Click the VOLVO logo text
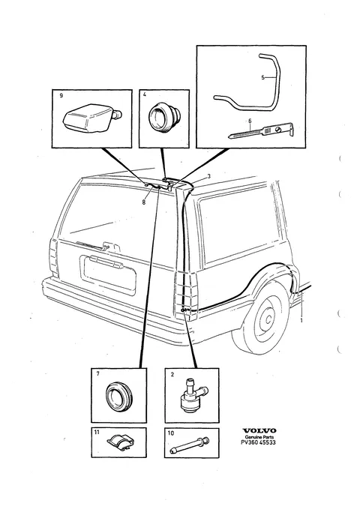(259, 430)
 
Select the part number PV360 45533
(258, 442)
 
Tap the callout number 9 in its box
(61, 95)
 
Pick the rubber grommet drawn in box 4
(164, 117)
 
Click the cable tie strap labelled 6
(262, 131)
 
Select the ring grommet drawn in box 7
(118, 397)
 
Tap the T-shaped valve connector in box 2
(191, 396)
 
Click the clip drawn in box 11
(121, 442)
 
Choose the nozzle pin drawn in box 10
(190, 445)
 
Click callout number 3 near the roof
(209, 176)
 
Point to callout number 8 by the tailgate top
(144, 202)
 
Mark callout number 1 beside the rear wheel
(301, 320)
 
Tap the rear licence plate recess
(108, 274)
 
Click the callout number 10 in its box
(171, 433)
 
